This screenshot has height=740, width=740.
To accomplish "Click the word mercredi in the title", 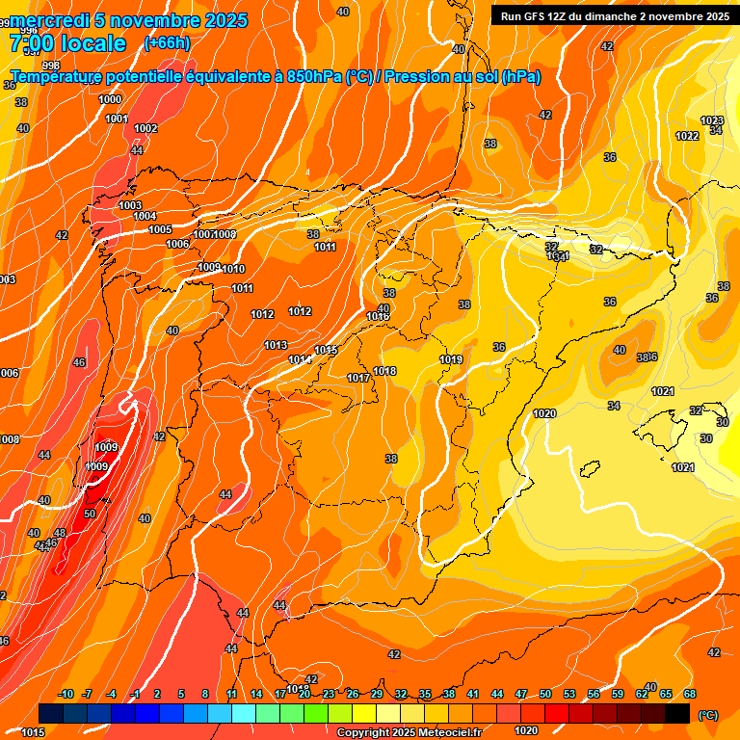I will pyautogui.click(x=50, y=20).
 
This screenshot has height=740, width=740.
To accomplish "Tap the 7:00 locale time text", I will pyautogui.click(x=67, y=43).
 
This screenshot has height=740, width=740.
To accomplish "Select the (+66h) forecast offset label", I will pyautogui.click(x=167, y=43).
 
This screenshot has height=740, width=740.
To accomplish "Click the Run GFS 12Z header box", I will pyautogui.click(x=611, y=16).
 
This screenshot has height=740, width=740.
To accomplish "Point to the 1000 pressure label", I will pyautogui.click(x=110, y=99).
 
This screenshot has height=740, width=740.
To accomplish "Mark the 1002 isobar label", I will pyautogui.click(x=145, y=128).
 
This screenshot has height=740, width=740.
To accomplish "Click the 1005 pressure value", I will pyautogui.click(x=160, y=229).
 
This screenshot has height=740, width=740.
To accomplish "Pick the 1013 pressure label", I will pyautogui.click(x=276, y=345).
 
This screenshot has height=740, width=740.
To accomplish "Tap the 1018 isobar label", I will pyautogui.click(x=384, y=371).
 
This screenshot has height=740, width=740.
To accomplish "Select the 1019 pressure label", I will pyautogui.click(x=451, y=359).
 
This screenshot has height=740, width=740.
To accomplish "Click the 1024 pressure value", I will pyautogui.click(x=662, y=391).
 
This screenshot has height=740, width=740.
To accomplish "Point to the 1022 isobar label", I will pyautogui.click(x=687, y=136).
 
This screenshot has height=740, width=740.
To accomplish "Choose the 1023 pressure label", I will pyautogui.click(x=712, y=120).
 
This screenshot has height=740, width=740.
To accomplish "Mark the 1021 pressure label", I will pyautogui.click(x=683, y=467).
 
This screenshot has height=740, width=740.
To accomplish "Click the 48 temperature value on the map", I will pyautogui.click(x=60, y=533).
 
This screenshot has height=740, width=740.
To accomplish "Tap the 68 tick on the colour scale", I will pyautogui.click(x=690, y=694).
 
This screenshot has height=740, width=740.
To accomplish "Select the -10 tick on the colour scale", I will pyautogui.click(x=66, y=694).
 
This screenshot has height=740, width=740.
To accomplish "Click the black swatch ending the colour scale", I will pyautogui.click(x=677, y=714).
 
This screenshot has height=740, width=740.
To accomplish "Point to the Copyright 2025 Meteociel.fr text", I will pyautogui.click(x=409, y=732).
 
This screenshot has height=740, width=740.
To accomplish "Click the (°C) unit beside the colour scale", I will pyautogui.click(x=708, y=714).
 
